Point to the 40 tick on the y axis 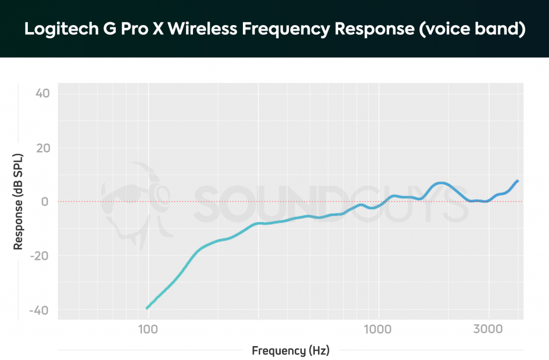42,94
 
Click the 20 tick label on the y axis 42,148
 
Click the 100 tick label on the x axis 148,328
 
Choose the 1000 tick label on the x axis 379,328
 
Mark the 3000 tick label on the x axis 488,328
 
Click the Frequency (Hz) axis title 290,351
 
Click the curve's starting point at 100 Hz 147,307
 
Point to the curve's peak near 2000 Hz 440,183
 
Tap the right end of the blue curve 517,181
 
